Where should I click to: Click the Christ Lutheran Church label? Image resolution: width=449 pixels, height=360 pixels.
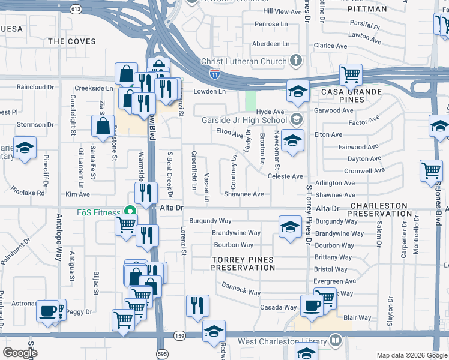(244, 61)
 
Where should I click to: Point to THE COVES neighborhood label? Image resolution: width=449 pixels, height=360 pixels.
(71, 41)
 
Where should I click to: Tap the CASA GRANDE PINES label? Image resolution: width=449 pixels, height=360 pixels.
(352, 95)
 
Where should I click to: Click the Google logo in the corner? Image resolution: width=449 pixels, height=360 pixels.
(20, 352)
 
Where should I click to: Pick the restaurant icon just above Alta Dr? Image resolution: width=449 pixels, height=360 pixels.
(146, 193)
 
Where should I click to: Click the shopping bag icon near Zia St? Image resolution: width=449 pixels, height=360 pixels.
(103, 126)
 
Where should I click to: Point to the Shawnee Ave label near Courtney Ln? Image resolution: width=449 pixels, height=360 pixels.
(244, 194)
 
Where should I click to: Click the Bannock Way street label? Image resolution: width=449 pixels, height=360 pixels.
(241, 289)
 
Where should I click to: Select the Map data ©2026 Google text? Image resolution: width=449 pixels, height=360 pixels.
(411, 355)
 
